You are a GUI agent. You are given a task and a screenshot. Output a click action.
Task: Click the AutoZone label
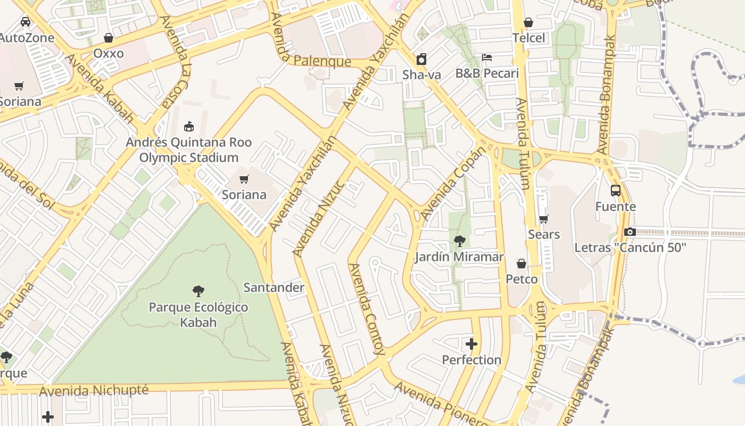click(27, 38)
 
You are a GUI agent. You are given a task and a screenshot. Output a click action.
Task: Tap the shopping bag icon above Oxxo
click(109, 38)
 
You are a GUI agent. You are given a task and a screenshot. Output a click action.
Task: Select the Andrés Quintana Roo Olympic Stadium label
click(188, 150)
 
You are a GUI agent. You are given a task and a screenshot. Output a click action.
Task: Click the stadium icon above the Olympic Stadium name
click(188, 126)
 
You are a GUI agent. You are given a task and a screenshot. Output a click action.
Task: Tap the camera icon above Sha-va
click(421, 59)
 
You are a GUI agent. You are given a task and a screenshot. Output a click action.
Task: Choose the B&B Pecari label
click(486, 73)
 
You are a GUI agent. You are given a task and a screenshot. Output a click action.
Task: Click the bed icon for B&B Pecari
click(486, 58)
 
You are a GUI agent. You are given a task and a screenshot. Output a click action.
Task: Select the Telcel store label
click(528, 38)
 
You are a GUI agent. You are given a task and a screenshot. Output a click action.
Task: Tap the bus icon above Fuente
click(615, 191)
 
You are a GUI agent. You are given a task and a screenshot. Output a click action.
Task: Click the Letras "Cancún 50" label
click(630, 248)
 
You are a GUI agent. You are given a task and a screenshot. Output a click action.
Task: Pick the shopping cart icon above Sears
click(543, 219)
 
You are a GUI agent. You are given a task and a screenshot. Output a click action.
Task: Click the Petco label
click(521, 279)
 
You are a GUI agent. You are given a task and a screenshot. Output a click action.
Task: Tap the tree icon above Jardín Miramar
click(459, 241)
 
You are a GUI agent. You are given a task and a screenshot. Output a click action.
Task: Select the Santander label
click(274, 288)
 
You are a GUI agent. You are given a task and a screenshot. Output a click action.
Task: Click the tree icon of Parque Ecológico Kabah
click(198, 291)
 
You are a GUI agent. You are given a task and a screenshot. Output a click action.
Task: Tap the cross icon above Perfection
click(471, 344)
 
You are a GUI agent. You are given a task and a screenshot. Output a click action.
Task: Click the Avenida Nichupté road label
click(94, 391)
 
